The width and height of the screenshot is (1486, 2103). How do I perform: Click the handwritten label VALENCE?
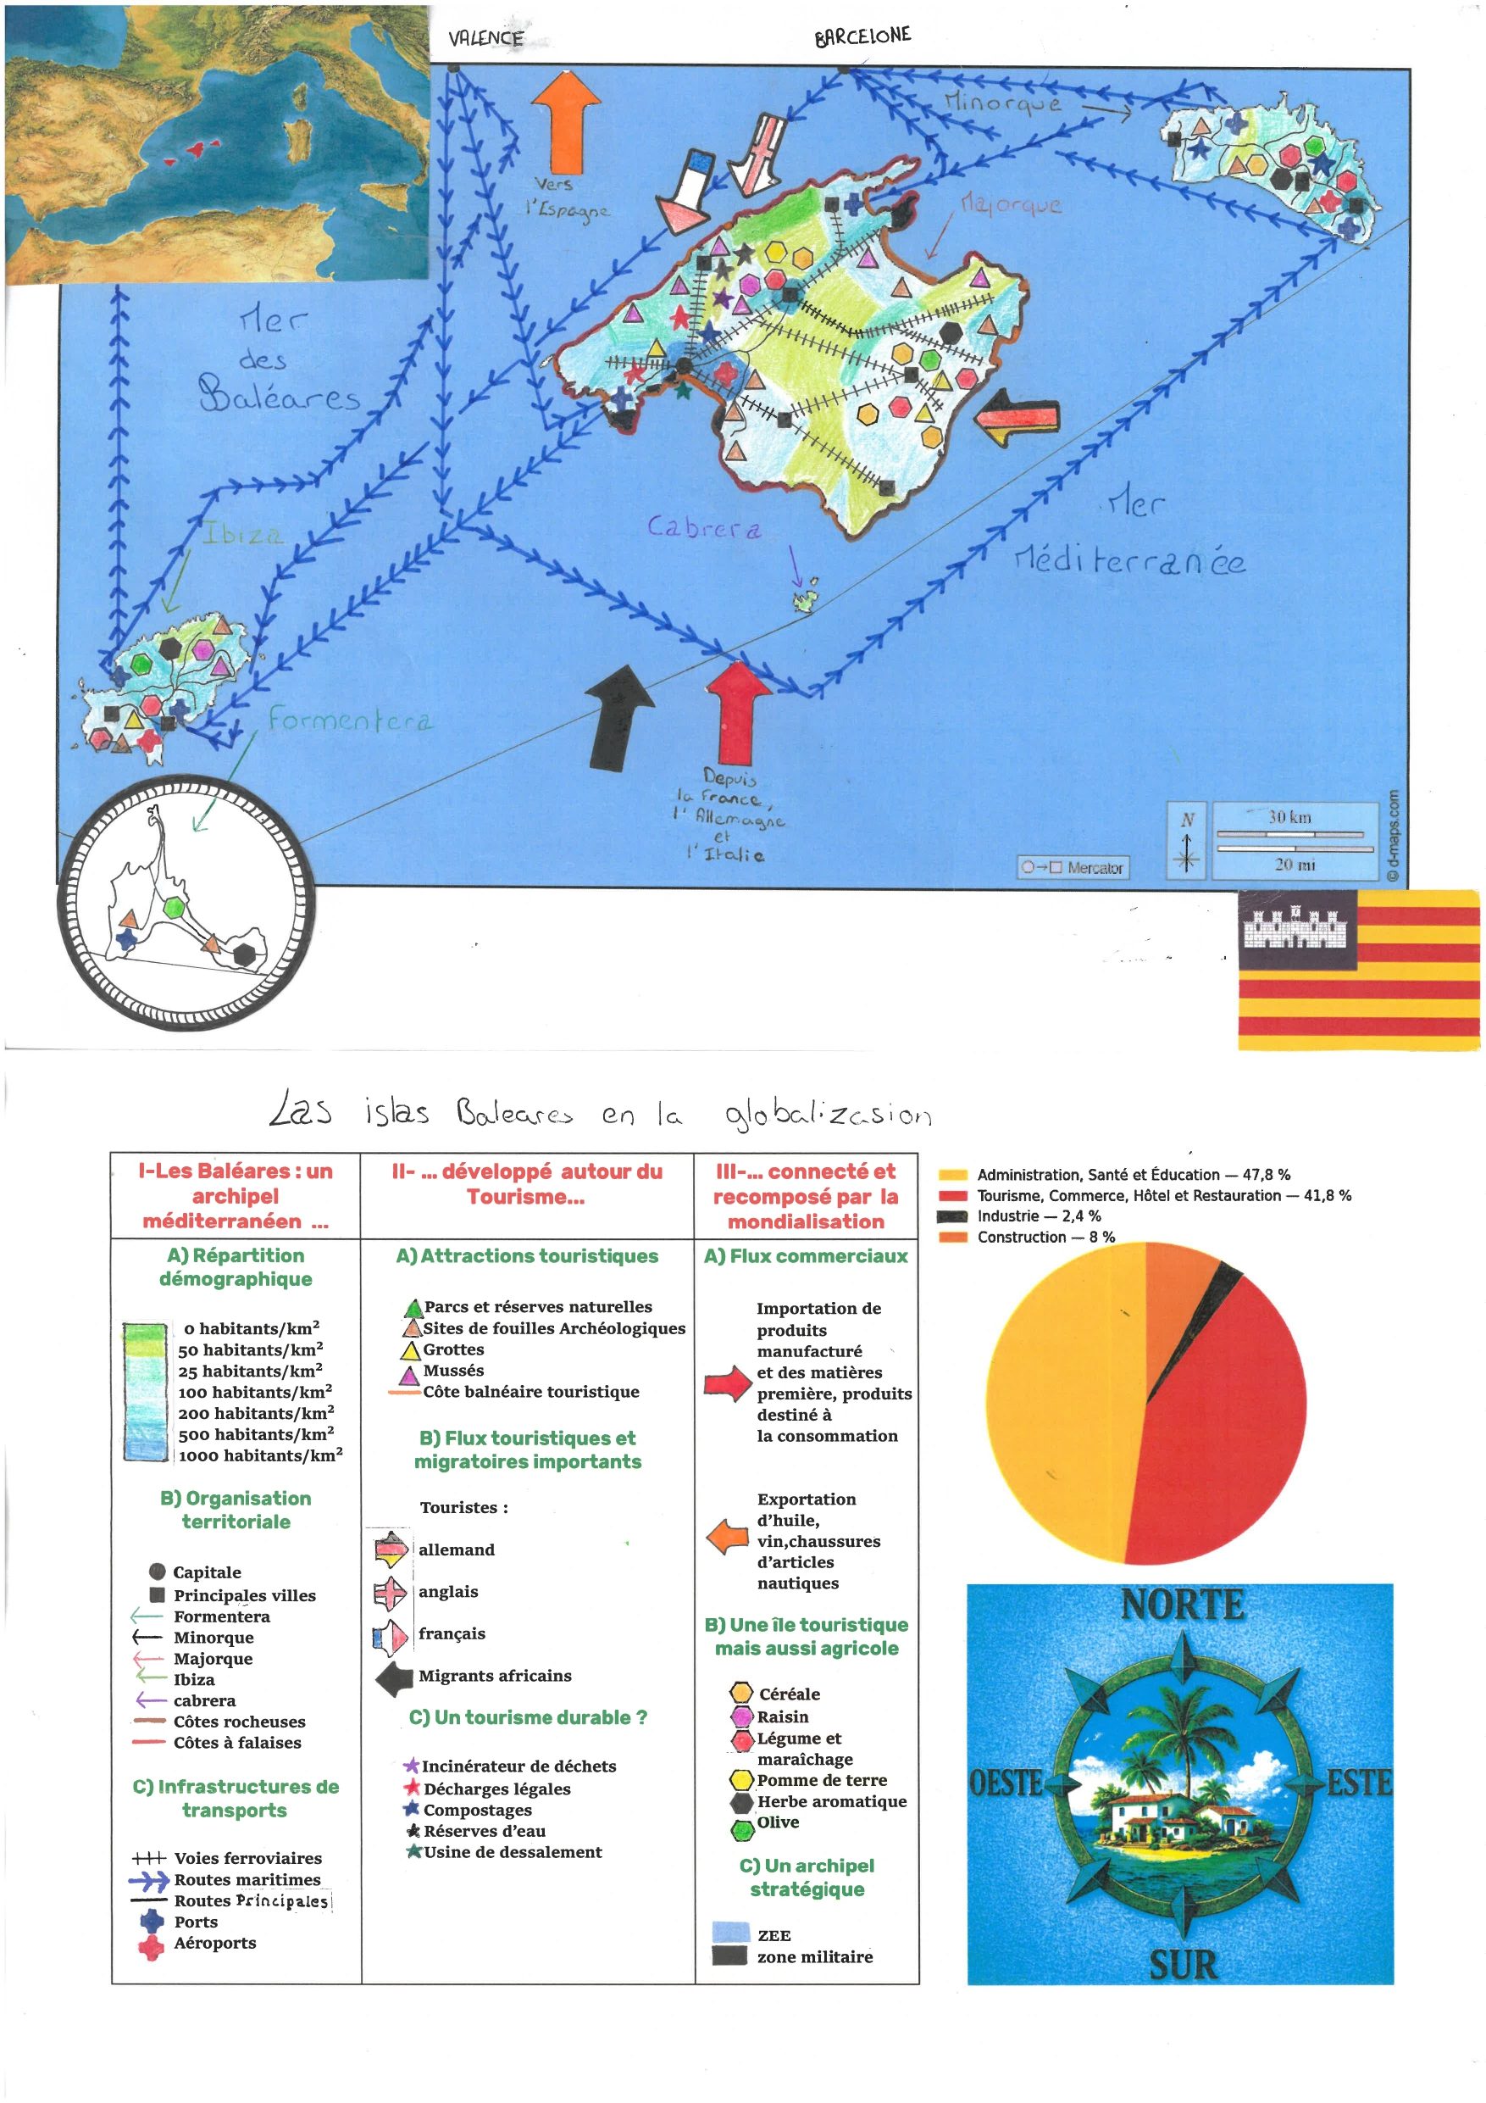tap(485, 37)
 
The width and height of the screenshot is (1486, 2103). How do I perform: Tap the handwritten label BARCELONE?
tap(862, 36)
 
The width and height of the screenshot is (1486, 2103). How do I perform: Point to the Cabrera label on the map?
tap(703, 527)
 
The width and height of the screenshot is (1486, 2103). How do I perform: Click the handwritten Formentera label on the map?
tap(350, 720)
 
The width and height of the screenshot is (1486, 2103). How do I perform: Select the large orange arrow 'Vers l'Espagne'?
tap(566, 121)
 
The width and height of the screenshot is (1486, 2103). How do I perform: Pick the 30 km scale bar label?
tap(1289, 816)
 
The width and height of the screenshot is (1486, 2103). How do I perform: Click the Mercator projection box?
tap(1073, 866)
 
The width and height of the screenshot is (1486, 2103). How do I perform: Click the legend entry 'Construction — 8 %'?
tap(1045, 1237)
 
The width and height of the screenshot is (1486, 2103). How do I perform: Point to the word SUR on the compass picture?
tap(1182, 1964)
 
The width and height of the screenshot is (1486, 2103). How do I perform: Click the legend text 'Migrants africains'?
tap(495, 1675)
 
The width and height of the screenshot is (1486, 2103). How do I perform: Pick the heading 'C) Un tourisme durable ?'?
tap(527, 1717)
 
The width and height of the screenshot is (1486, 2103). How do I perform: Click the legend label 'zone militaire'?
tap(814, 1956)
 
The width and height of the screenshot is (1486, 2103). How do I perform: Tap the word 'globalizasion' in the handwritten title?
tap(828, 1114)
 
